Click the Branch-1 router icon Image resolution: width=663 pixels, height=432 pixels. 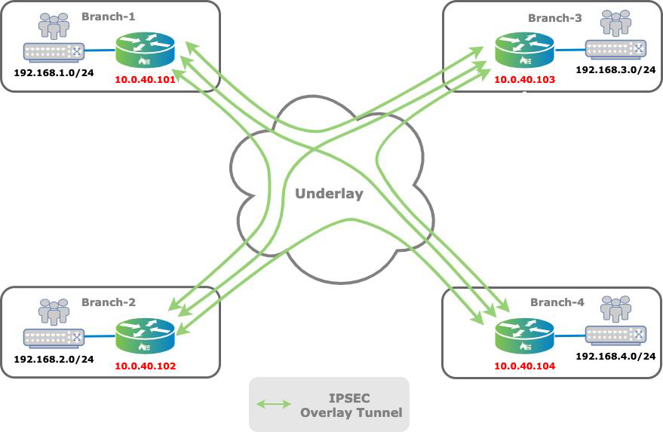(x=146, y=51)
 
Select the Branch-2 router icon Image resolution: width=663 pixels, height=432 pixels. (x=146, y=336)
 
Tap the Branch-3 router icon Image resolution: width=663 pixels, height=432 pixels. (x=525, y=50)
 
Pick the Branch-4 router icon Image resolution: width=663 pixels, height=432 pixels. (x=525, y=335)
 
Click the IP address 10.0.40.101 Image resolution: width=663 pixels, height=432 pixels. (x=145, y=79)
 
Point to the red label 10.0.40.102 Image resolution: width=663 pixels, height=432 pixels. (x=145, y=366)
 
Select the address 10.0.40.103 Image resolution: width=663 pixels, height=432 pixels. (x=524, y=79)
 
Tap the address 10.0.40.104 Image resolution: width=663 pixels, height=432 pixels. (x=524, y=366)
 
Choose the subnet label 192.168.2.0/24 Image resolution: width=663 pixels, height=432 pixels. (x=54, y=359)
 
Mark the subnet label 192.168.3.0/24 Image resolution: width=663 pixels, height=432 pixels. (x=615, y=69)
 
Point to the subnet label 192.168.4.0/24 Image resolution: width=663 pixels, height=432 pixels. (x=615, y=355)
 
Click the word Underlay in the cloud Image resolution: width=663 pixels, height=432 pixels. (x=329, y=194)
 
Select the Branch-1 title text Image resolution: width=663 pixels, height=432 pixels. (x=108, y=16)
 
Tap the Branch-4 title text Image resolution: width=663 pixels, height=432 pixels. (x=557, y=302)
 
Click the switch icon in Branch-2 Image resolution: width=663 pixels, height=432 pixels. (x=53, y=338)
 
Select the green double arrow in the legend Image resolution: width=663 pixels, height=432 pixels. (x=274, y=404)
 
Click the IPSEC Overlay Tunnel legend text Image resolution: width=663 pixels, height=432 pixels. (x=351, y=404)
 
